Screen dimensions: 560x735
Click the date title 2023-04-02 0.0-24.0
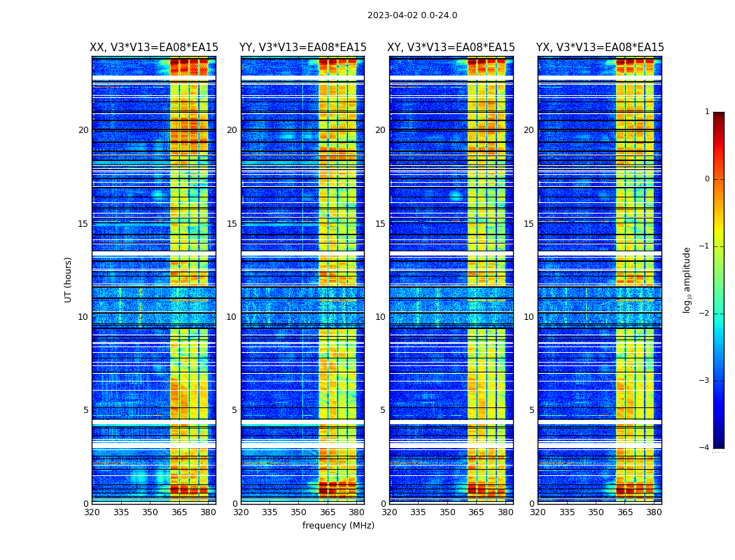(412, 15)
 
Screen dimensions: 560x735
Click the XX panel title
(154, 48)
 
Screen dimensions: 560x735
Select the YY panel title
(302, 48)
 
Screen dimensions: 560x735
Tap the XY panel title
(451, 48)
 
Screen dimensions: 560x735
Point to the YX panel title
(600, 48)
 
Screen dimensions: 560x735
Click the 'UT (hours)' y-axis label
(69, 280)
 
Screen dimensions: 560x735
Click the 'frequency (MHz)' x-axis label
(338, 526)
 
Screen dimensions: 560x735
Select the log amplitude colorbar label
(687, 280)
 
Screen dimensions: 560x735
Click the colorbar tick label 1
(707, 112)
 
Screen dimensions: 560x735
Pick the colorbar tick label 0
(707, 179)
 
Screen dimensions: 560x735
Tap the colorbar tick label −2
(706, 314)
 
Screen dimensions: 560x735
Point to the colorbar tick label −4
(706, 448)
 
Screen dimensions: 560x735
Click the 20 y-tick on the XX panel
(83, 130)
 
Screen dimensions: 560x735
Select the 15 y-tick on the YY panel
(232, 224)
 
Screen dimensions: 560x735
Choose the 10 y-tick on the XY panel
(380, 317)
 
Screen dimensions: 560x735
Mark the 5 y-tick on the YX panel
(531, 410)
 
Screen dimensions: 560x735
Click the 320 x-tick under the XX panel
(92, 512)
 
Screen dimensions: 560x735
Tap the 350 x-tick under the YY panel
(299, 512)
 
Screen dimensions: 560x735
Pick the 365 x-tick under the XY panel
(477, 512)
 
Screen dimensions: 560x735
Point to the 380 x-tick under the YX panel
(654, 512)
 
